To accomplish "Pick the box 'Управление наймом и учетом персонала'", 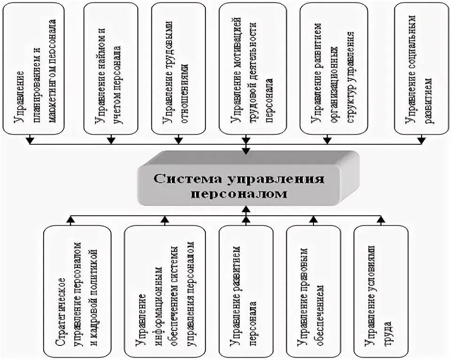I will click(111, 68).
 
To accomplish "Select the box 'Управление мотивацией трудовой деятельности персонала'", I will click(247, 68).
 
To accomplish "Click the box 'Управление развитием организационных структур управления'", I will click(327, 68).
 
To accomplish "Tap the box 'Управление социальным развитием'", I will click(421, 68).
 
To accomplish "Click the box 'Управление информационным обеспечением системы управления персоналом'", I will click(165, 291).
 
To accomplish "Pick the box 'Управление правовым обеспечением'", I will click(313, 291).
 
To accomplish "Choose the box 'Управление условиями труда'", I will click(380, 291).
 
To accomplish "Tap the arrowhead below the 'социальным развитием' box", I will click(422, 139).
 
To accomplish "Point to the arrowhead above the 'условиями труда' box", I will click(380, 219).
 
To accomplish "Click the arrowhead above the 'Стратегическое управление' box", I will click(70, 219).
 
